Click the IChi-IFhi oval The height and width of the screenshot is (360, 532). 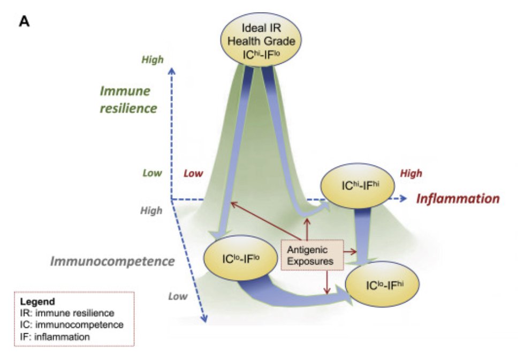pyautogui.click(x=358, y=186)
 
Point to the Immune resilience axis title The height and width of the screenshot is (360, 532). pyautogui.click(x=128, y=99)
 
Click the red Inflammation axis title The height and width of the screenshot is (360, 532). pyautogui.click(x=458, y=199)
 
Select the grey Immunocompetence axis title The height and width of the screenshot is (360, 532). pyautogui.click(x=112, y=261)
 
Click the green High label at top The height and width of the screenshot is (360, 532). pyautogui.click(x=153, y=60)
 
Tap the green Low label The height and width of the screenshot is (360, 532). pyautogui.click(x=152, y=174)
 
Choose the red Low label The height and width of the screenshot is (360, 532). pyautogui.click(x=193, y=174)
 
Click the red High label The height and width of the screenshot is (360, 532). pyautogui.click(x=411, y=173)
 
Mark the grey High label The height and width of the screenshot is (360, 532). pyautogui.click(x=151, y=211)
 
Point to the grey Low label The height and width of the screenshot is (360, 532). pyautogui.click(x=178, y=296)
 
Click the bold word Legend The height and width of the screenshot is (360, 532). pyautogui.click(x=35, y=302)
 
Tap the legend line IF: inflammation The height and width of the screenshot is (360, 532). pyautogui.click(x=55, y=336)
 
